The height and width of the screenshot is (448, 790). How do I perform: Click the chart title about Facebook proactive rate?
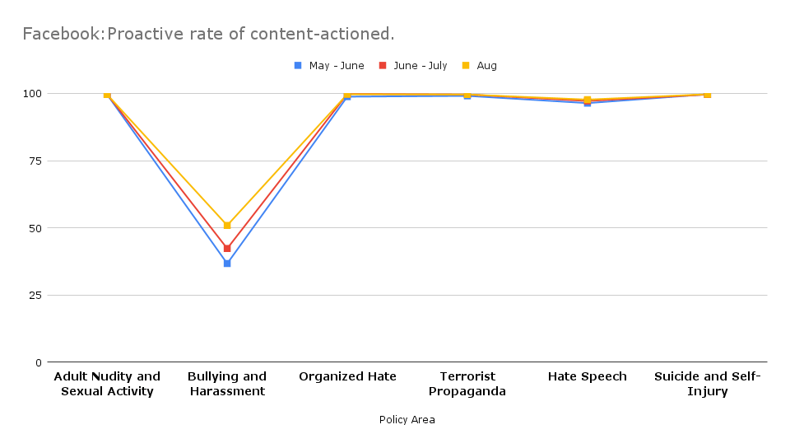[x=208, y=35]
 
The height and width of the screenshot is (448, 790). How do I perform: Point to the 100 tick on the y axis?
[x=32, y=94]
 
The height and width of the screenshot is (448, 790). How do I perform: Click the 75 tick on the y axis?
[x=35, y=161]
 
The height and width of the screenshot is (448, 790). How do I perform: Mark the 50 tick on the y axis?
[x=35, y=228]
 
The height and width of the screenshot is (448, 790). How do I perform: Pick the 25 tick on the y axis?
[x=35, y=296]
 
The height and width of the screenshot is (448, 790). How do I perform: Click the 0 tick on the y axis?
[x=38, y=362]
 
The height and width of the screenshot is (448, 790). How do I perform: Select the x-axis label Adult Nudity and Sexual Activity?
[x=107, y=384]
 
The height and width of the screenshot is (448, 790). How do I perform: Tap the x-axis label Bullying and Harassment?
[x=227, y=384]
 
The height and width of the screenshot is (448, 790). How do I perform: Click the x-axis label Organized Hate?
[x=347, y=376]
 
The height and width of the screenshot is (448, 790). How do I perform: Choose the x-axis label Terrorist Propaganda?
[x=467, y=384]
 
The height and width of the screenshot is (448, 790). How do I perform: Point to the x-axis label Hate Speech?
[x=588, y=376]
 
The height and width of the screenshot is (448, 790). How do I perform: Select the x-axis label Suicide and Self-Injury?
[x=708, y=384]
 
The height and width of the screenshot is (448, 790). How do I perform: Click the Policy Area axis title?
[x=407, y=420]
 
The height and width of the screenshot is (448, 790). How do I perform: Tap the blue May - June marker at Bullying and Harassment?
[x=227, y=264]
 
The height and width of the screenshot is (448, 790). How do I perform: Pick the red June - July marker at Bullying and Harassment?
[x=227, y=248]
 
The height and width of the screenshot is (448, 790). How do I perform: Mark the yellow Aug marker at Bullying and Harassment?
[x=227, y=225]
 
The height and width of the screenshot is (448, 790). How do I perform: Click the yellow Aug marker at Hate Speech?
[x=588, y=100]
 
